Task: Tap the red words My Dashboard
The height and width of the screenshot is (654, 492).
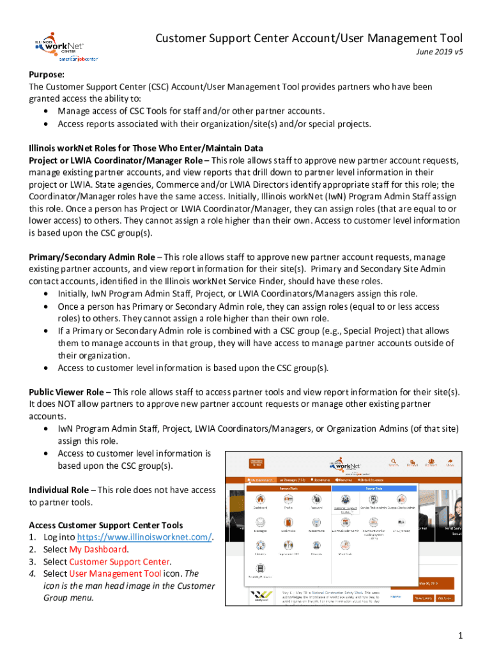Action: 98,549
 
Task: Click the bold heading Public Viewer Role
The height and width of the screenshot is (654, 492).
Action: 66,392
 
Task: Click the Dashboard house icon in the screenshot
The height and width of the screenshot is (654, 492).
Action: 260,499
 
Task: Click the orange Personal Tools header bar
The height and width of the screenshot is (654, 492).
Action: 288,487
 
